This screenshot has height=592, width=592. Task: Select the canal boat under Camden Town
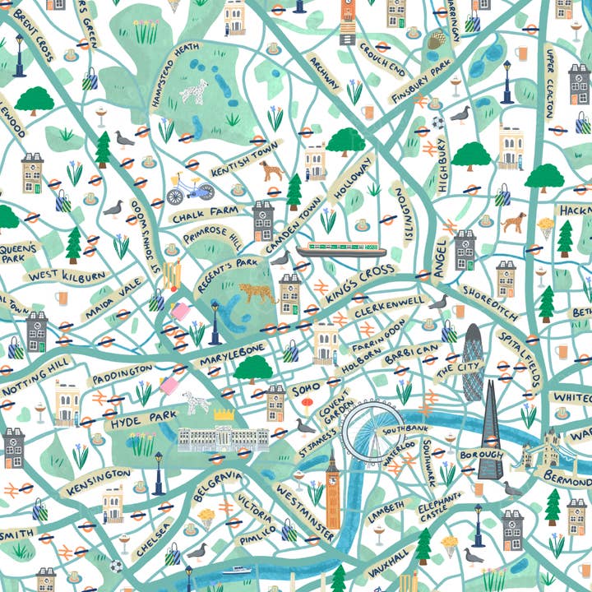(341, 249)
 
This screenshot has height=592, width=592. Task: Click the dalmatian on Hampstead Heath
(194, 93)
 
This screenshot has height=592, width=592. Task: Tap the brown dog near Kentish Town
(271, 170)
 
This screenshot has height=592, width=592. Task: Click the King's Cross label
(362, 280)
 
